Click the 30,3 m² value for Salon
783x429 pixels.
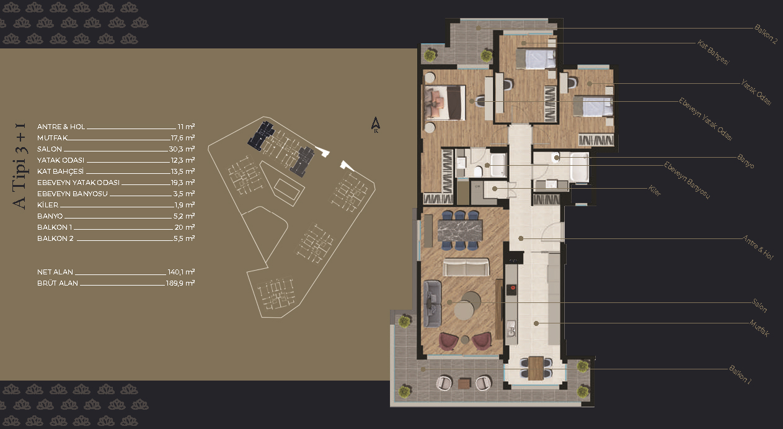[x=182, y=149]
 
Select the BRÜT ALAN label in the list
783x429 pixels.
[x=58, y=283]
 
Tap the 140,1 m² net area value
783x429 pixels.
[x=181, y=272]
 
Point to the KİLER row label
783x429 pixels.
[x=48, y=205]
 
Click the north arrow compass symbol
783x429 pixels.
[x=376, y=125]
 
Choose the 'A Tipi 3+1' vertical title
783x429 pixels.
[x=20, y=166]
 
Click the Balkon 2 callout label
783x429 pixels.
[x=766, y=34]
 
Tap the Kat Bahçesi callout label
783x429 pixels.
[x=713, y=53]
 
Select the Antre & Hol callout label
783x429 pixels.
[x=758, y=247]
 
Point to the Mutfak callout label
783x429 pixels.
[x=759, y=328]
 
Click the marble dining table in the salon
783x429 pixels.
[x=460, y=230]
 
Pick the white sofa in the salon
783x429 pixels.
[x=466, y=267]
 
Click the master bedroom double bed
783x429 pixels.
[x=445, y=103]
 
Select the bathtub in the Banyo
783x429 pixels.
[x=580, y=167]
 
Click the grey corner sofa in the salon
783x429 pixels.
[x=432, y=304]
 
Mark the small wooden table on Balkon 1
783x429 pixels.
[x=464, y=383]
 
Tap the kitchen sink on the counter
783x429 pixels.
[x=511, y=329]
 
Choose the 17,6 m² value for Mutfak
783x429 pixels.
[x=182, y=138]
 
